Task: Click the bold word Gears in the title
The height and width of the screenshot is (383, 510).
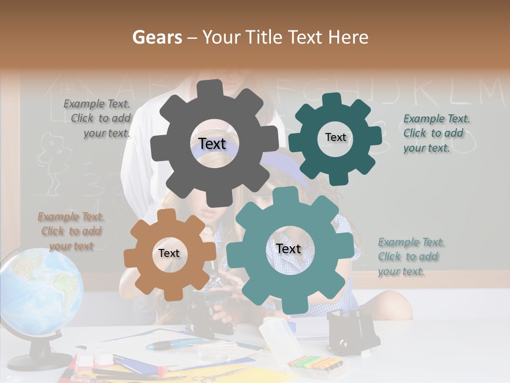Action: (x=157, y=37)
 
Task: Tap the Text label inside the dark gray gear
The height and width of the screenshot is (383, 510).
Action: (x=212, y=144)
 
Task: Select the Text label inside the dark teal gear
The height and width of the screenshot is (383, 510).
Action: (x=335, y=137)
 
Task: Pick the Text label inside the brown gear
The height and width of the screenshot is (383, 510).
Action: (x=168, y=254)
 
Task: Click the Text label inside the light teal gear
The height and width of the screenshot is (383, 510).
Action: (x=288, y=249)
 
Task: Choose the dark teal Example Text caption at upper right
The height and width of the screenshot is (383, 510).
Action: (x=436, y=134)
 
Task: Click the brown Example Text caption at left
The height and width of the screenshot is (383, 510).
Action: (x=71, y=231)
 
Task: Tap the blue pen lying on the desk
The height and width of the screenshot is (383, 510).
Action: (x=170, y=344)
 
